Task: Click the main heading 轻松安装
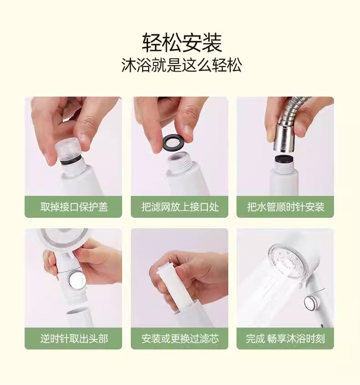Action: coord(182,42)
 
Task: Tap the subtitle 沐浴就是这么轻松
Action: coord(182,65)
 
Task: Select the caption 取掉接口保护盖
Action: coord(74,207)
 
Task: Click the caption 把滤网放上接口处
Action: coord(180,207)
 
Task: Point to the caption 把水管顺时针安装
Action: coord(286,207)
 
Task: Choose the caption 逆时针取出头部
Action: coord(74,339)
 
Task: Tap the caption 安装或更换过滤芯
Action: coord(180,339)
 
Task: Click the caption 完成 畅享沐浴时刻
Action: coord(285,339)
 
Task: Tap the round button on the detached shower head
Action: coord(76,280)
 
